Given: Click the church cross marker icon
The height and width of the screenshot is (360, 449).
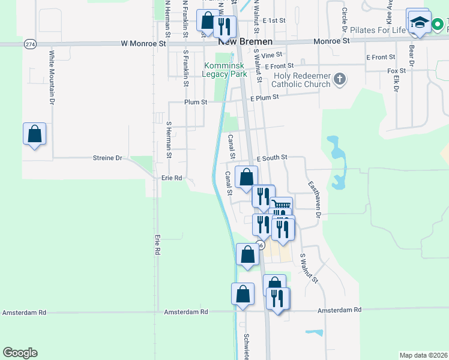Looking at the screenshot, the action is pyautogui.click(x=340, y=79).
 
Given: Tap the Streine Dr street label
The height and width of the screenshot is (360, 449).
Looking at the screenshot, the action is pyautogui.click(x=107, y=158).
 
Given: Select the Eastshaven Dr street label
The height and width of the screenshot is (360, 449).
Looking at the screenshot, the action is pyautogui.click(x=315, y=199).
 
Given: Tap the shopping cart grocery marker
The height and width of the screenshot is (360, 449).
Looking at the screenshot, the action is pyautogui.click(x=281, y=208).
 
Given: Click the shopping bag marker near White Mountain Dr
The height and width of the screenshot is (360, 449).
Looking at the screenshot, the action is pyautogui.click(x=34, y=134).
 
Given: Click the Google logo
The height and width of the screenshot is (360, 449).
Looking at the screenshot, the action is pyautogui.click(x=20, y=353).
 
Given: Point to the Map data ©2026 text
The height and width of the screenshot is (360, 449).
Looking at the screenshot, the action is pyautogui.click(x=423, y=355).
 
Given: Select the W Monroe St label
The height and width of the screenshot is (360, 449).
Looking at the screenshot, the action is pyautogui.click(x=143, y=44).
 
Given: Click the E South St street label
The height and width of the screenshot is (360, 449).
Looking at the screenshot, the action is pyautogui.click(x=272, y=157).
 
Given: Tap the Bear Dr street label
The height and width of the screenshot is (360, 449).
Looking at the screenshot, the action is pyautogui.click(x=412, y=55).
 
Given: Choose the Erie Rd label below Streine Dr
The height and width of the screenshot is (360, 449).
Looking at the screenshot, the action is pyautogui.click(x=172, y=178).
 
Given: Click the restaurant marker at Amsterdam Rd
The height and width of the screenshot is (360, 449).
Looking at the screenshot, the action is pyautogui.click(x=277, y=298).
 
